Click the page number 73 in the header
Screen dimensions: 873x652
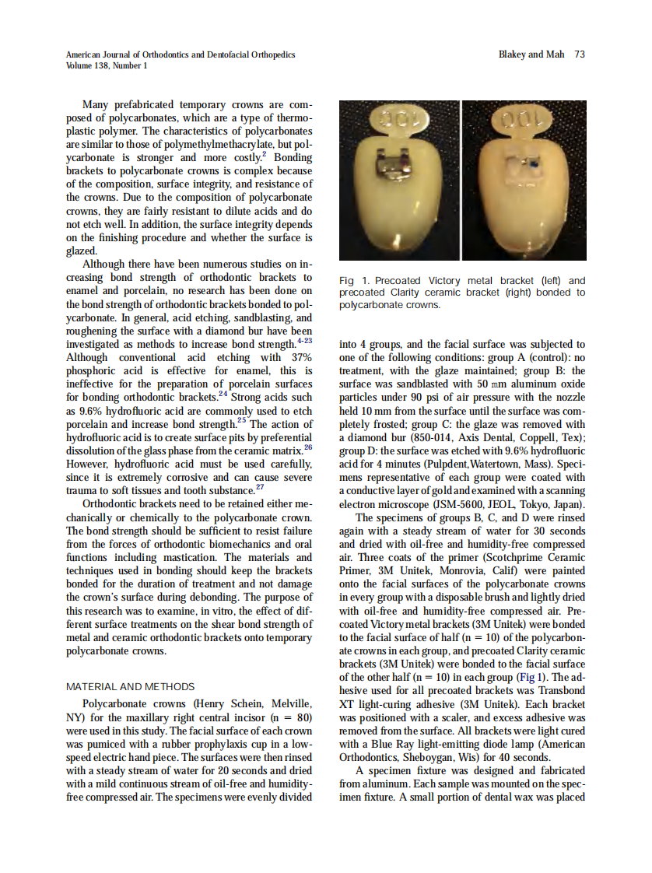pyautogui.click(x=579, y=54)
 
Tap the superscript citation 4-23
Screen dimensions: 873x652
pyautogui.click(x=303, y=339)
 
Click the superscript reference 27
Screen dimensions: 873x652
pyautogui.click(x=263, y=488)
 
